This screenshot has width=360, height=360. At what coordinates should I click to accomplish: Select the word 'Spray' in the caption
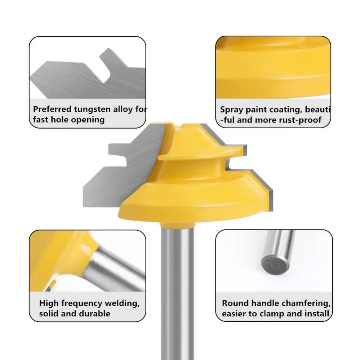(231, 110)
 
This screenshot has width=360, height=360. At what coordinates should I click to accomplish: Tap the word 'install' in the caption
(315, 314)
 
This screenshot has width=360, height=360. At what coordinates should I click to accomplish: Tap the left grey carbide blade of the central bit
(119, 169)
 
